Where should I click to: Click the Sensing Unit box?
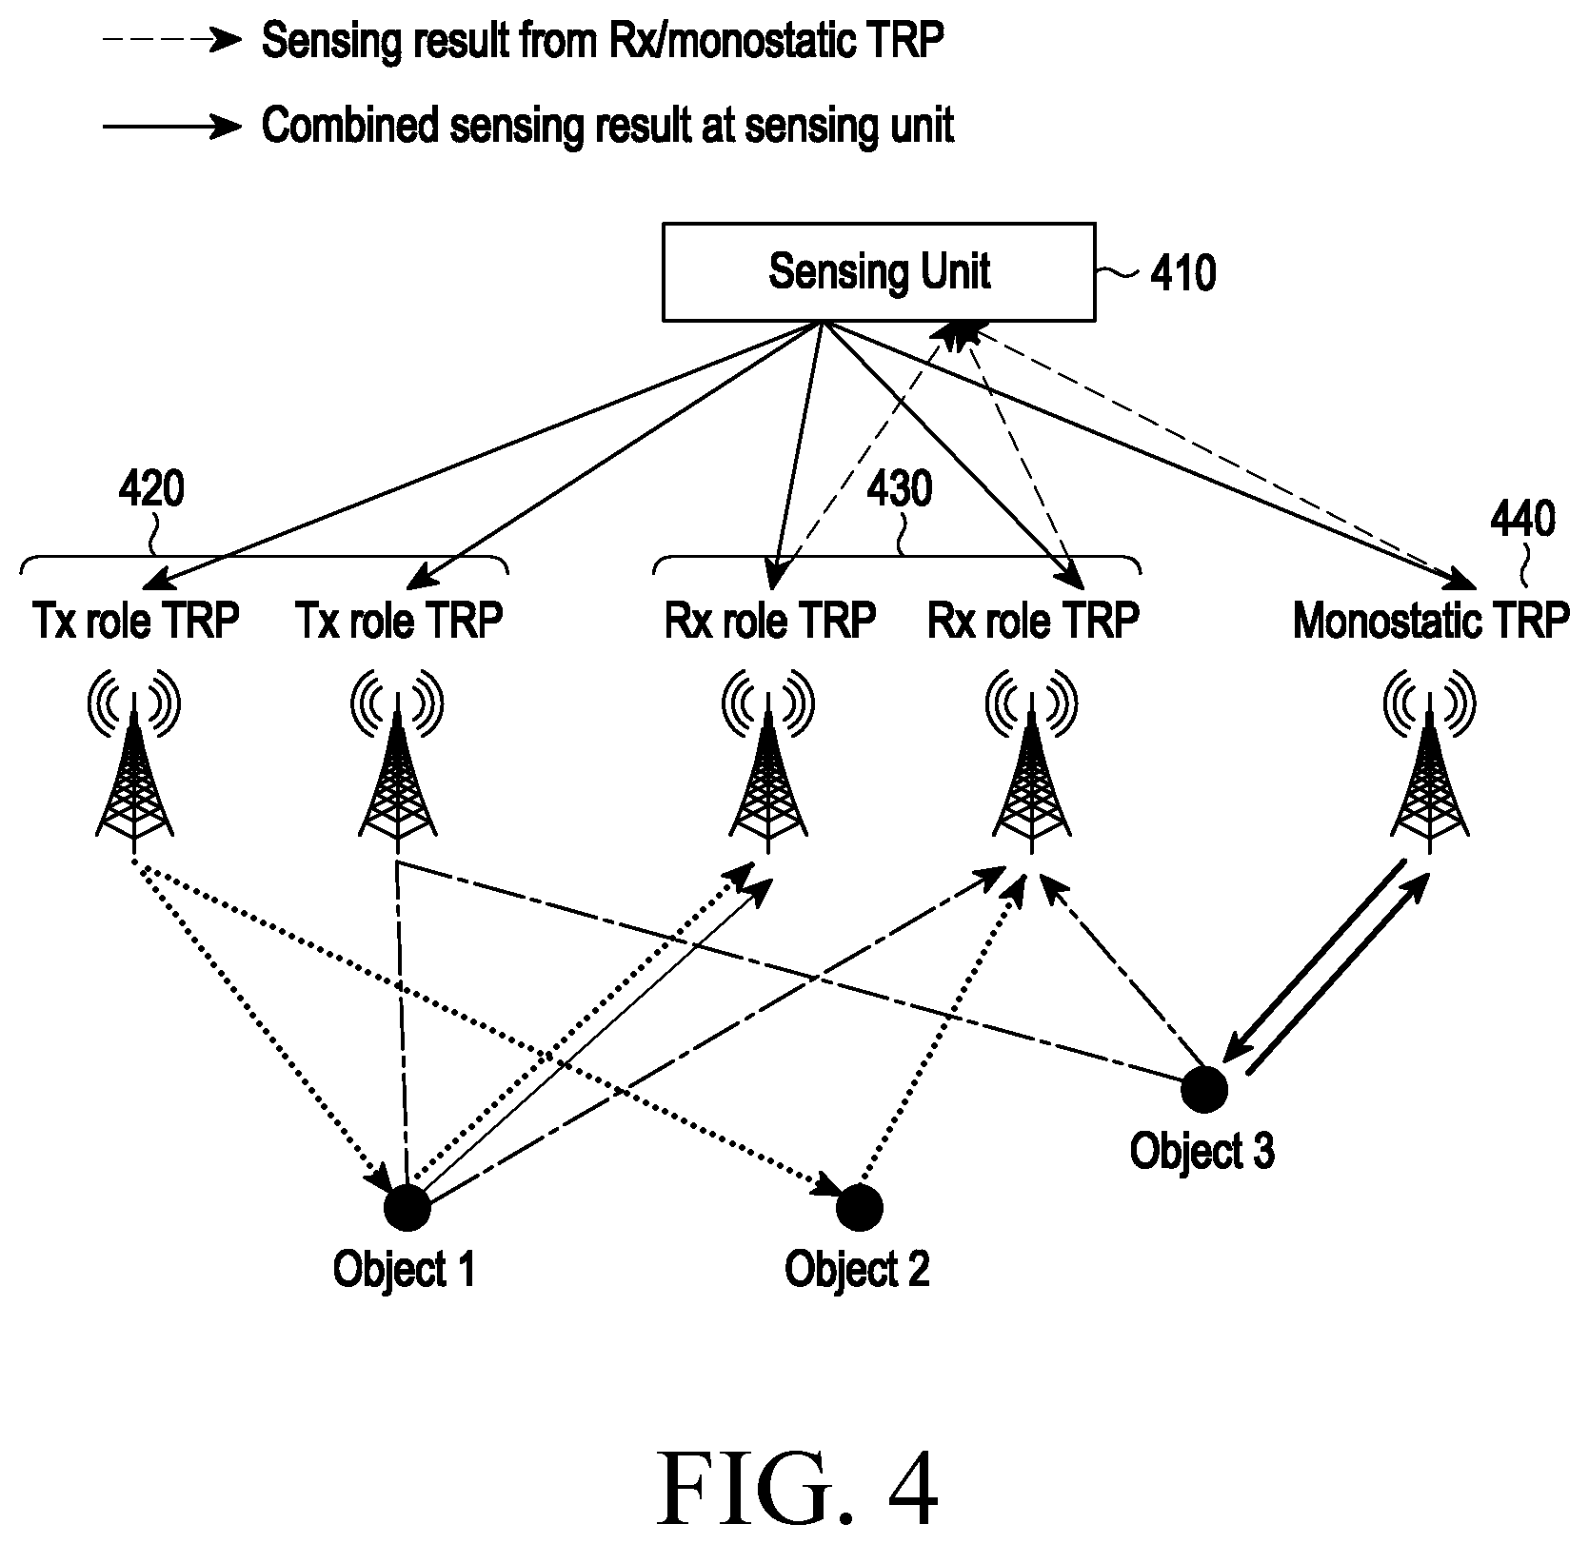[879, 271]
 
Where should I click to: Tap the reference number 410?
[1182, 273]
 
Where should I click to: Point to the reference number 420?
[151, 489]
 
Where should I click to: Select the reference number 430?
[900, 489]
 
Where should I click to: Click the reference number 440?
[1522, 519]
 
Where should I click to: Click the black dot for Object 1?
[407, 1209]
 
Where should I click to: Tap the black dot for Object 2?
[860, 1208]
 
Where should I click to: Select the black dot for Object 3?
[1204, 1089]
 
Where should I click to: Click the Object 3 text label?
[1202, 1151]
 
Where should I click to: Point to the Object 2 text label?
[857, 1270]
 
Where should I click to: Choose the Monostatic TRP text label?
[1431, 622]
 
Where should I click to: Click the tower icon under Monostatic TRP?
[1429, 759]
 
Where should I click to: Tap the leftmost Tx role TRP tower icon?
[134, 759]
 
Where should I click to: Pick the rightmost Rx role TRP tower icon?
[1031, 759]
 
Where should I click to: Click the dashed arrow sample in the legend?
[172, 41]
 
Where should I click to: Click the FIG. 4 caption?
[798, 1489]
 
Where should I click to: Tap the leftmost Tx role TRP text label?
[135, 622]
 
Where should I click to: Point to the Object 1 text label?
[404, 1270]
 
